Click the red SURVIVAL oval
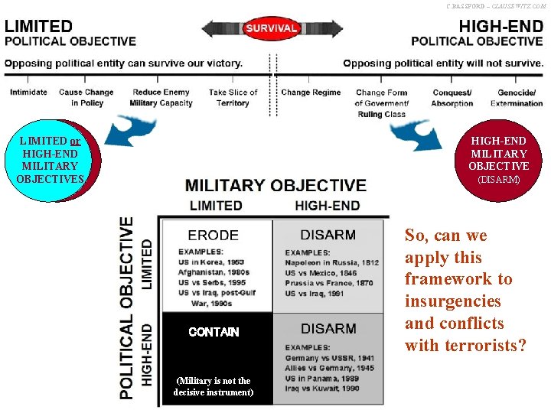[271, 28]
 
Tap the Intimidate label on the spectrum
[28, 93]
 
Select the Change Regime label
[311, 93]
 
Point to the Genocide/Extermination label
[517, 98]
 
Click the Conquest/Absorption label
[452, 98]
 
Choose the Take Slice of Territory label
[233, 98]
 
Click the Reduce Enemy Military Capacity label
[161, 98]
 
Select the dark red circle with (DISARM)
[498, 160]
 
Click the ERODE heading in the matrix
[213, 236]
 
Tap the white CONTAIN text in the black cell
[214, 332]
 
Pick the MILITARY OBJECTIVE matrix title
[275, 185]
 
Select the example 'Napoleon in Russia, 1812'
[332, 262]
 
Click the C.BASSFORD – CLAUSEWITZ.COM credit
[497, 5]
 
